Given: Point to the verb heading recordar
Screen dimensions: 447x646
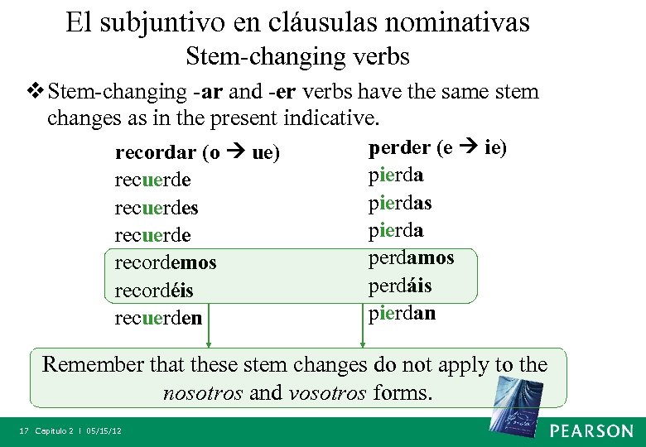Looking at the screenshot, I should click(156, 153).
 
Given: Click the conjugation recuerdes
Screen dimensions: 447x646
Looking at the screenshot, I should click(157, 208).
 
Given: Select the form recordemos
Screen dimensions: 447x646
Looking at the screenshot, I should click(166, 262).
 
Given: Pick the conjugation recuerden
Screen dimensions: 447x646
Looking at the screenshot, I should click(158, 317).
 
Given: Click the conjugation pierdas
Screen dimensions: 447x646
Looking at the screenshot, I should click(400, 203).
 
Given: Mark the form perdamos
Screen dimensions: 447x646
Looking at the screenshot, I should click(411, 257).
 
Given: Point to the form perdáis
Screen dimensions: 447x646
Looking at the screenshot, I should click(400, 286).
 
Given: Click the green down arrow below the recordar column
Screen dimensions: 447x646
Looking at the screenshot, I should click(209, 335).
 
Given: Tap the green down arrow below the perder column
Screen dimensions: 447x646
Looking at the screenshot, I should click(362, 335).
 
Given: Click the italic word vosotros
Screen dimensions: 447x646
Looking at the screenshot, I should click(327, 392).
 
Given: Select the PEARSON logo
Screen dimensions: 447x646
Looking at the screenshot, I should click(591, 430).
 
